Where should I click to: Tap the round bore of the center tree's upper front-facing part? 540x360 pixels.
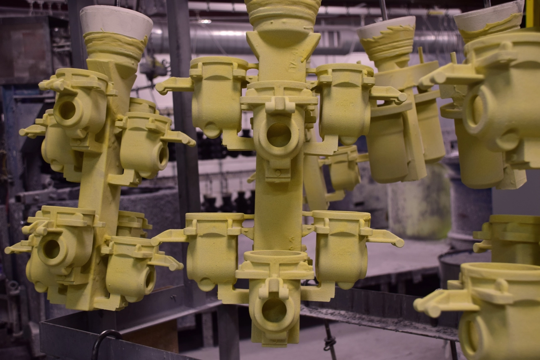coord(278,135)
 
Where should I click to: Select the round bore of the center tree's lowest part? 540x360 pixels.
coord(274,310)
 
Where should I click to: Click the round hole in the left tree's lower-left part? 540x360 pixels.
coord(52,249)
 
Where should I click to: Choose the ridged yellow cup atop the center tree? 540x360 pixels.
coord(282,15)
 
